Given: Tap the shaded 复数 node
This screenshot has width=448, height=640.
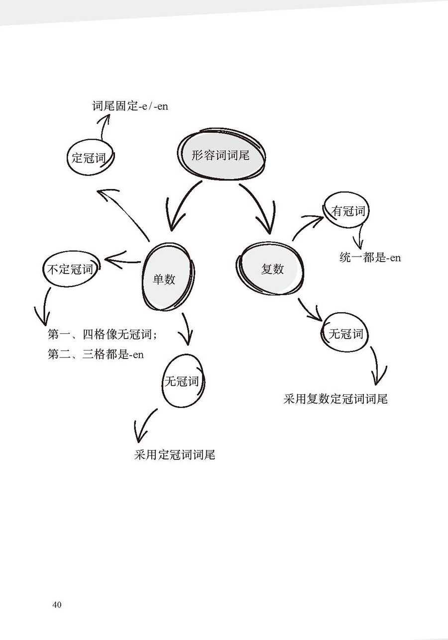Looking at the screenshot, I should tap(272, 269).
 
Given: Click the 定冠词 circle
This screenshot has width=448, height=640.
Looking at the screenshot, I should tap(90, 158).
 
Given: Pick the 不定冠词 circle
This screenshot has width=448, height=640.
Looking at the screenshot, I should tap(70, 270).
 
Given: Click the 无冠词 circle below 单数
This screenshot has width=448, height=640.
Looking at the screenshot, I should tap(182, 381).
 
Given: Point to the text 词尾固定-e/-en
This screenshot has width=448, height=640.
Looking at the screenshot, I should tap(130, 106).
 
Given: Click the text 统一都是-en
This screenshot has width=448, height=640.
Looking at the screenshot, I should tap(370, 258).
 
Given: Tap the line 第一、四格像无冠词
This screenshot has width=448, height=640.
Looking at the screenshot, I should tap(102, 334).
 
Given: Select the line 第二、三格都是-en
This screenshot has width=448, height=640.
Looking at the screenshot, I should tap(96, 355).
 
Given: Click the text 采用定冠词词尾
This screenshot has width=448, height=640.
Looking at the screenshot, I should tap(174, 455).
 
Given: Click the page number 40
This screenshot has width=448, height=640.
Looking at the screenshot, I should tap(56, 605).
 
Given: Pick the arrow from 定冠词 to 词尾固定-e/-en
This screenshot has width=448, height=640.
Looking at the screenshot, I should tap(104, 128).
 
